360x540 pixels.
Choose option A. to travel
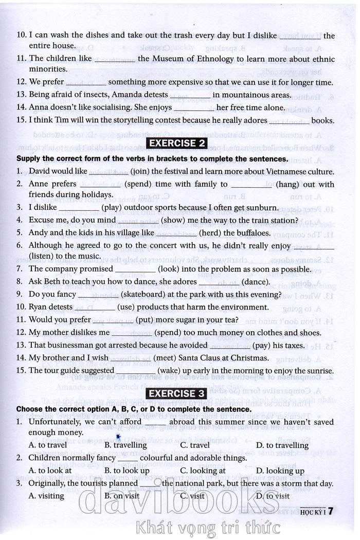47,445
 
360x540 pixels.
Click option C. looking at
203,471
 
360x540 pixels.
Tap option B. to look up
127,471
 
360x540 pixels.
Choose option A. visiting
46,496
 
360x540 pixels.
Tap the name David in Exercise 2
40,171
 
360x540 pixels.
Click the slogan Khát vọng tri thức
206,527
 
